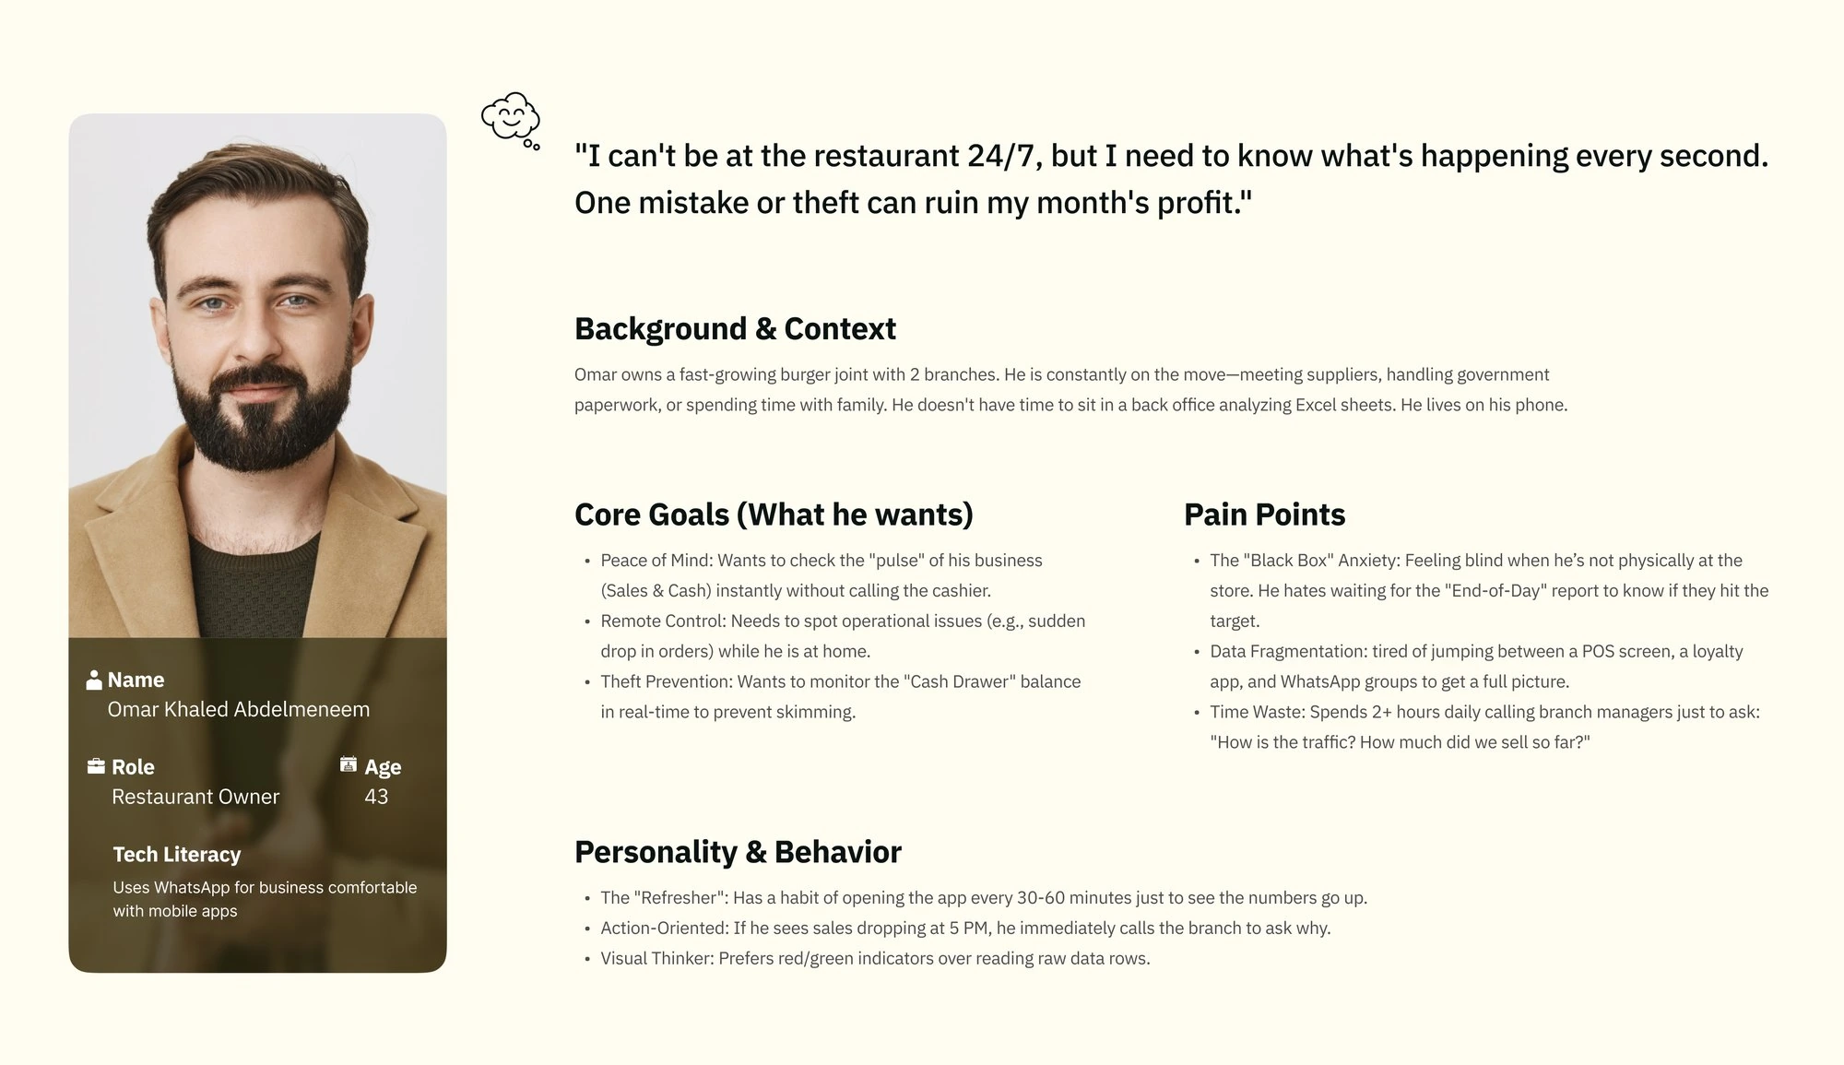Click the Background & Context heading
(735, 329)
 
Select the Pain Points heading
(1264, 515)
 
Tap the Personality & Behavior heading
(738, 852)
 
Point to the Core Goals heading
(774, 515)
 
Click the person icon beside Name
(94, 680)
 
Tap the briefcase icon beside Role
(96, 766)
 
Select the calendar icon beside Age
(349, 764)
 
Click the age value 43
(376, 797)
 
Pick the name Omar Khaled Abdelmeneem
(239, 709)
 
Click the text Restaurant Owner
(195, 797)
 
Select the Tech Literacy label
(177, 855)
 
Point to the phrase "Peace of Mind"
(655, 561)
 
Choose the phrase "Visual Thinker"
(656, 959)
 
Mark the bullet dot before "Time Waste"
(1197, 713)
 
